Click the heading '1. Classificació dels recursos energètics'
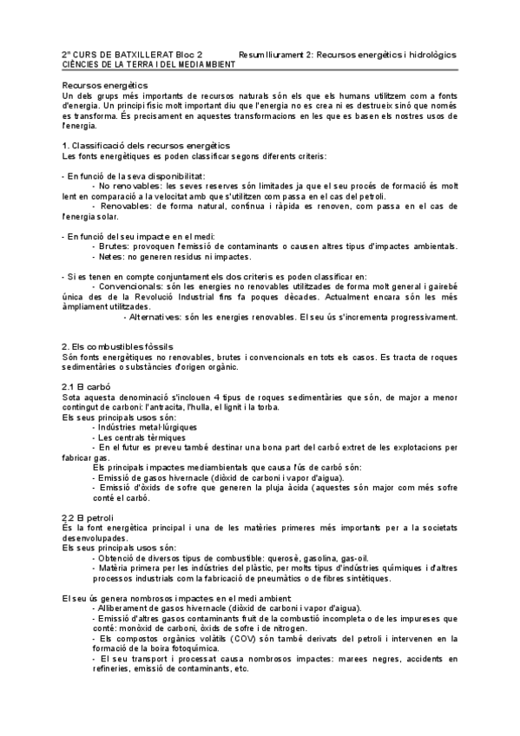[146, 145]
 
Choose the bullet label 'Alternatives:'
[161, 317]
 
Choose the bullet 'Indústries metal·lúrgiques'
[148, 427]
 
